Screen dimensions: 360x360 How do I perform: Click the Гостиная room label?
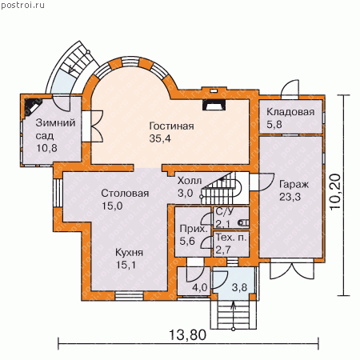pos(171,126)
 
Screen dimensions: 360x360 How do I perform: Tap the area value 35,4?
pos(160,138)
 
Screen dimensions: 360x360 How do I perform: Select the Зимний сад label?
pos(55,130)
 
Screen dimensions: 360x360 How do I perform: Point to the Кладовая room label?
pos(290,112)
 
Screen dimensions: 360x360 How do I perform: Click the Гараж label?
pos(294,185)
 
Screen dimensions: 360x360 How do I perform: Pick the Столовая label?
pos(125,193)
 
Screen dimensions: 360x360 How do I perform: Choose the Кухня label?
pos(129,252)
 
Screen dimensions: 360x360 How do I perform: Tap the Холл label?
pos(190,181)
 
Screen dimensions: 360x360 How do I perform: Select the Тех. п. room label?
pos(231,237)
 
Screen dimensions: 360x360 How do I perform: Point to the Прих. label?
pos(194,229)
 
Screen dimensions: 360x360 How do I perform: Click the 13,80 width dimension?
pos(188,335)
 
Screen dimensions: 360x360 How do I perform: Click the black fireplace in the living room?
pos(214,105)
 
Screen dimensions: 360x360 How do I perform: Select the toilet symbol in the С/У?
pos(244,222)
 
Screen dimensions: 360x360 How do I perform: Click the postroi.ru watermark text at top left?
pos(22,6)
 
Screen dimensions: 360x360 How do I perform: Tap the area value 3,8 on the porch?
pos(239,288)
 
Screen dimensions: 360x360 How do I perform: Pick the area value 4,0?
pos(200,288)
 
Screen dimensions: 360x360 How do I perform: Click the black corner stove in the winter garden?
pos(30,106)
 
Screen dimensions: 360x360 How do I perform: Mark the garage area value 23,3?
pos(290,197)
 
